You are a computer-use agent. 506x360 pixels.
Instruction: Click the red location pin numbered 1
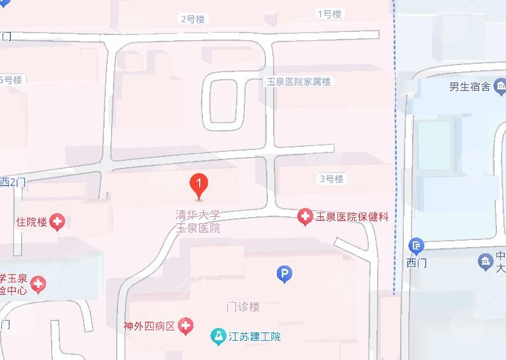pyautogui.click(x=199, y=186)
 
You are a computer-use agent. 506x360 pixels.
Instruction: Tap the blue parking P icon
pyautogui.click(x=285, y=274)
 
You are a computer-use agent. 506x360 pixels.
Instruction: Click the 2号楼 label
pyautogui.click(x=193, y=19)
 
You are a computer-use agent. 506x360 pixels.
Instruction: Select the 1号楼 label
pyautogui.click(x=329, y=13)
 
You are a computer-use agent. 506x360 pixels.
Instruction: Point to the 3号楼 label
pyautogui.click(x=331, y=179)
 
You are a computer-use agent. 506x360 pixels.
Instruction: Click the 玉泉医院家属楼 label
pyautogui.click(x=299, y=82)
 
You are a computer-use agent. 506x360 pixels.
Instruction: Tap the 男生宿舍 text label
pyautogui.click(x=469, y=87)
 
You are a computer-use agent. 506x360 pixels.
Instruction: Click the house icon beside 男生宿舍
pyautogui.click(x=500, y=87)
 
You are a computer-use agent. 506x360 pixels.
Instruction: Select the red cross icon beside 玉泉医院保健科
pyautogui.click(x=306, y=217)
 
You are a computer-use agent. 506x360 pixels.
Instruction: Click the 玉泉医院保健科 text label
pyautogui.click(x=352, y=217)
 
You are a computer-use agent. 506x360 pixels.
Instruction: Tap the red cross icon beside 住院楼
pyautogui.click(x=58, y=222)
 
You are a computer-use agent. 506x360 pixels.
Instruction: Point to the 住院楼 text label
pyautogui.click(x=32, y=222)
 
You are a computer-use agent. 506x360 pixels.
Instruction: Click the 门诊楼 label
pyautogui.click(x=244, y=306)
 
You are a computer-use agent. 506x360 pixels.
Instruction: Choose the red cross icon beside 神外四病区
pyautogui.click(x=186, y=326)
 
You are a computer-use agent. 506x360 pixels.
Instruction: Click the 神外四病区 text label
pyautogui.click(x=149, y=326)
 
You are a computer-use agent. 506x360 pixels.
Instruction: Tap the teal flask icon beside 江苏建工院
pyautogui.click(x=218, y=336)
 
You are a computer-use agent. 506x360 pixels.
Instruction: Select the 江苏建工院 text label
pyautogui.click(x=255, y=336)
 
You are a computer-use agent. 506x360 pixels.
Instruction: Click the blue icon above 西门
pyautogui.click(x=416, y=245)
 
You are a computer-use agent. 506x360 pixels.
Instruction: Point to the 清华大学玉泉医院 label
pyautogui.click(x=198, y=221)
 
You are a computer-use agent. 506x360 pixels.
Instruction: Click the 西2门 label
pyautogui.click(x=13, y=182)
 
